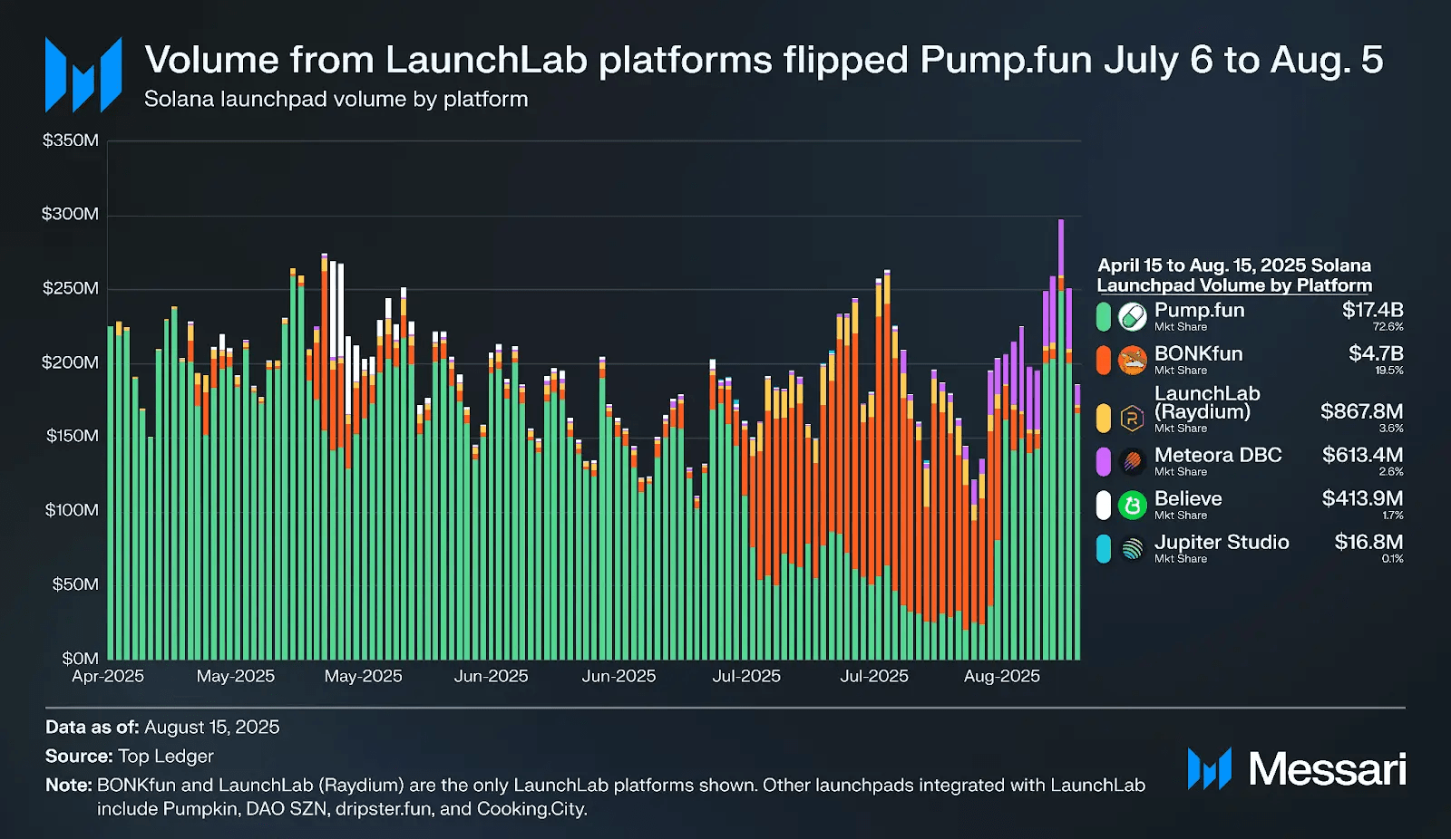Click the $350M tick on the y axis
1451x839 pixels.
click(x=71, y=140)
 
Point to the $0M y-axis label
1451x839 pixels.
click(x=80, y=658)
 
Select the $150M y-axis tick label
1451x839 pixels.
click(x=72, y=436)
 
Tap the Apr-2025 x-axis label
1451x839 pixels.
click(x=108, y=676)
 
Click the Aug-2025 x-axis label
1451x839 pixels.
click(x=1001, y=676)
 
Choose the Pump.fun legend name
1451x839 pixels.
click(x=1199, y=311)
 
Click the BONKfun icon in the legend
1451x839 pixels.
click(x=1132, y=361)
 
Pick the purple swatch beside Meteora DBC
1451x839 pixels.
click(x=1103, y=461)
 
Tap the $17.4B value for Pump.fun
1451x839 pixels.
click(x=1372, y=310)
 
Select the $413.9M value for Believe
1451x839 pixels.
click(x=1362, y=498)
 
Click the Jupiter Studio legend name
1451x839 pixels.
click(x=1221, y=542)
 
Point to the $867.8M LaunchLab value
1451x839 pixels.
click(x=1361, y=411)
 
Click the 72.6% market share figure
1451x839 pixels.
click(x=1388, y=327)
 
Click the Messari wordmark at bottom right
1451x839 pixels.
click(x=1327, y=769)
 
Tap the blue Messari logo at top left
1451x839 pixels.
click(x=83, y=74)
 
